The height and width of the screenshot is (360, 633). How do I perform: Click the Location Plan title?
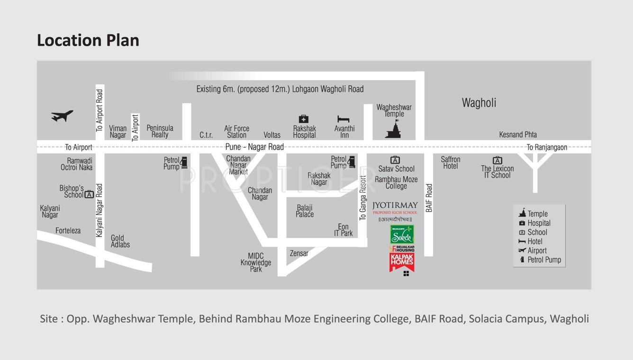point(88,41)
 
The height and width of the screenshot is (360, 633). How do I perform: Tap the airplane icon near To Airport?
point(62,116)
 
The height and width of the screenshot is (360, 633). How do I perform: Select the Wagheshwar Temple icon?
point(394,129)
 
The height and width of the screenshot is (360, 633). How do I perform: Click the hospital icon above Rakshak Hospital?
point(304,119)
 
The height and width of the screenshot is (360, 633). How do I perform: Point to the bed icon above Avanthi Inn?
point(344,119)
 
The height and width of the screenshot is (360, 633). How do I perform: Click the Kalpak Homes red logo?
point(402,262)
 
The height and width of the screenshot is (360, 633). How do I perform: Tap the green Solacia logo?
point(402,234)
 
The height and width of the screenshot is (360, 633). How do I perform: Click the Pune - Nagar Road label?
point(254,147)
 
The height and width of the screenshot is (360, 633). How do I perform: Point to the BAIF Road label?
point(429,198)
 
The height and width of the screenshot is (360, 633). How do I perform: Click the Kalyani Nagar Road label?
point(99,210)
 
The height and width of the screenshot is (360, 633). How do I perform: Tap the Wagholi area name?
point(479,103)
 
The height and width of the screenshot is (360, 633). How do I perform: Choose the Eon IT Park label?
point(343,230)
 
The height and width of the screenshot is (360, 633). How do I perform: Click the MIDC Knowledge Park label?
point(256,263)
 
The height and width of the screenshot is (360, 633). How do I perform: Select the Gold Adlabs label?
point(120,242)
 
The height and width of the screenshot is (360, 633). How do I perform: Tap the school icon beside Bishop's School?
point(89,194)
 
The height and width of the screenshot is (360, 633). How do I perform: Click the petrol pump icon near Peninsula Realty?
point(184,162)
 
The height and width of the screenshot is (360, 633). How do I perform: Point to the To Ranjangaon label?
point(547,147)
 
